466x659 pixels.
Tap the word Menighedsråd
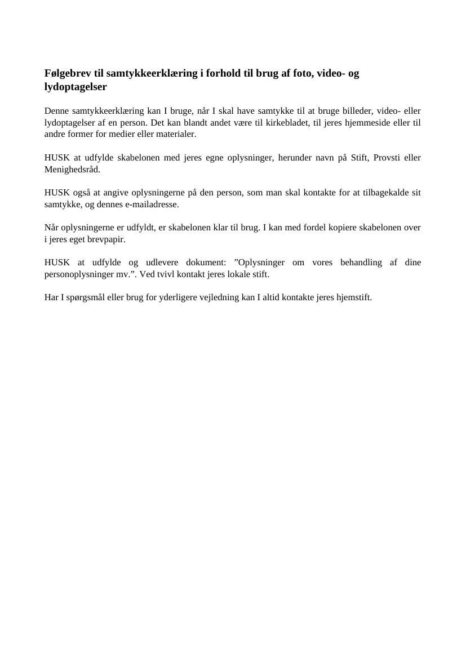coord(72,169)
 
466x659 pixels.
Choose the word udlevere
coord(162,262)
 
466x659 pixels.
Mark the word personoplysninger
coord(79,274)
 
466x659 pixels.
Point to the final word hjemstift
coord(353,297)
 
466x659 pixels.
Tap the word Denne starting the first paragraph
coord(56,111)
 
